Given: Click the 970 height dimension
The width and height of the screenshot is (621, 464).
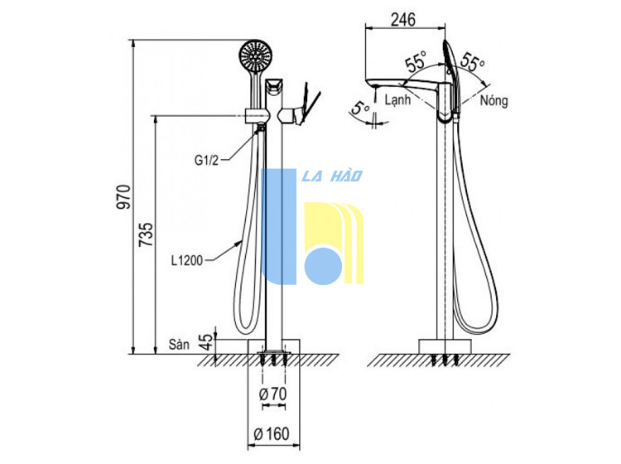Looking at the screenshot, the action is [x=123, y=197].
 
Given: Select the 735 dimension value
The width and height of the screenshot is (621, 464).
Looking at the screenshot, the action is [x=146, y=234].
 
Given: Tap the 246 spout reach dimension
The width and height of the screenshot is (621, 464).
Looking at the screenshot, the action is [x=403, y=19].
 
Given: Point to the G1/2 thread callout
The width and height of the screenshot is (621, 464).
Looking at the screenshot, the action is [x=206, y=160].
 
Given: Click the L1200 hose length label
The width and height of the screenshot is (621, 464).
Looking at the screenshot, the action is [x=187, y=260].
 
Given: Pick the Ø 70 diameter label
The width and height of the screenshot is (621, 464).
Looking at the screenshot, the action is [x=273, y=394].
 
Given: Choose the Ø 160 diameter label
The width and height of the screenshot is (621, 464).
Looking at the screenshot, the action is [x=272, y=434].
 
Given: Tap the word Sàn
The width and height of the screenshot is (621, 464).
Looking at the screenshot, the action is [x=179, y=344].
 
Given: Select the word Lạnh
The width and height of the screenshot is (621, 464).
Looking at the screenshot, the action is [x=397, y=99].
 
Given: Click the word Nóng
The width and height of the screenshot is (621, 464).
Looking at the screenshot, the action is [x=493, y=100].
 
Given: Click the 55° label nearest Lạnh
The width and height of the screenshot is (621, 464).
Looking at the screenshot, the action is [x=415, y=61].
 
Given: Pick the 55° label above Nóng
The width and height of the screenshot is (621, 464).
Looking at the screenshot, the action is [x=473, y=61].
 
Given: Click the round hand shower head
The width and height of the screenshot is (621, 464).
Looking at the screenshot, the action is [x=256, y=56].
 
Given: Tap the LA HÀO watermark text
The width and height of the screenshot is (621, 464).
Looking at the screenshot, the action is [x=332, y=176].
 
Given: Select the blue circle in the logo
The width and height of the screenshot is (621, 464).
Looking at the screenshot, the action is [x=323, y=266].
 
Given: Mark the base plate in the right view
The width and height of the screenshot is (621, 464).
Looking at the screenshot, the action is [x=445, y=346].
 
